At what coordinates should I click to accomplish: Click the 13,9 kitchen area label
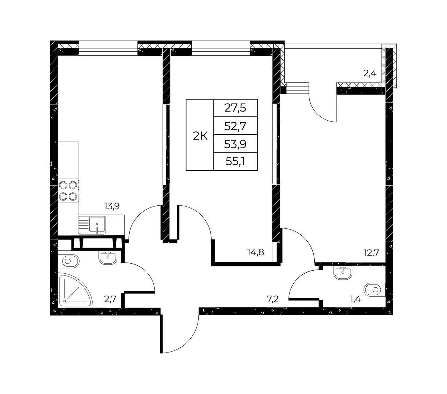point(112,206)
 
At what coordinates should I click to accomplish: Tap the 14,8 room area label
point(256,252)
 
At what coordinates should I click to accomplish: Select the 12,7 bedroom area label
point(371,253)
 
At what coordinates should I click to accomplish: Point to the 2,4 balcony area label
point(370,73)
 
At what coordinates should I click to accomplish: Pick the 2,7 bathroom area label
point(110,300)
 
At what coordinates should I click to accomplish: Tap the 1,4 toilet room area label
point(355,300)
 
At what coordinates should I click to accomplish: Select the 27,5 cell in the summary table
point(235,108)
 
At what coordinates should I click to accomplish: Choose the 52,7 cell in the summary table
point(235,126)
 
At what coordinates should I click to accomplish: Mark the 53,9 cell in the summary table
point(235,144)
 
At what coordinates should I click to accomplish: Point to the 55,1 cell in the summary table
point(235,162)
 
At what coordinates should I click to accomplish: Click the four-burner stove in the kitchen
point(68,190)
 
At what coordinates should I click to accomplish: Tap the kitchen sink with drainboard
point(91,225)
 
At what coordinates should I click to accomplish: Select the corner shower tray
point(75,290)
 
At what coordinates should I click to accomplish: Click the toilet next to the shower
point(68,262)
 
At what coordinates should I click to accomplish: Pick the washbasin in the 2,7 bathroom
point(108,258)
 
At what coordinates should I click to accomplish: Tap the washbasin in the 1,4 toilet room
point(343,273)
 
